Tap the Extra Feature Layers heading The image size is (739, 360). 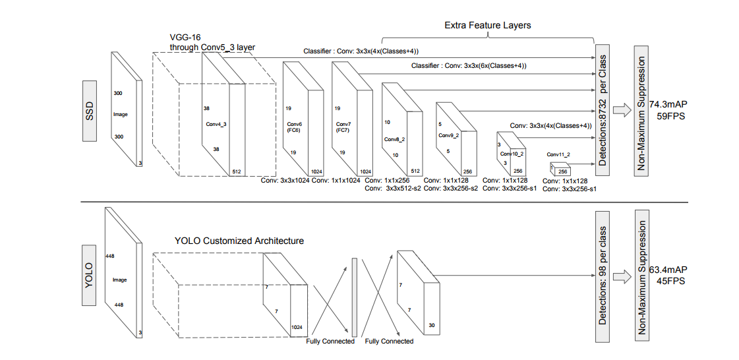[487, 26]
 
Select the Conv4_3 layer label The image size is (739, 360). [217, 125]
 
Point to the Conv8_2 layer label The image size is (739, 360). [395, 140]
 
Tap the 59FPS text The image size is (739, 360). [670, 116]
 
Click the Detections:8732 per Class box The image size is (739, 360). [603, 111]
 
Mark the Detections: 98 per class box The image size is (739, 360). [603, 276]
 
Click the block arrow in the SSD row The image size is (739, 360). [622, 110]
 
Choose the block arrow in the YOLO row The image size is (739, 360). [622, 276]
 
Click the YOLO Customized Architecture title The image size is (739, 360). [239, 241]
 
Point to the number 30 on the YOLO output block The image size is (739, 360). [432, 325]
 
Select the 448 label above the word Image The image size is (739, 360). [111, 256]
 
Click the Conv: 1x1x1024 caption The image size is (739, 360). [336, 180]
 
